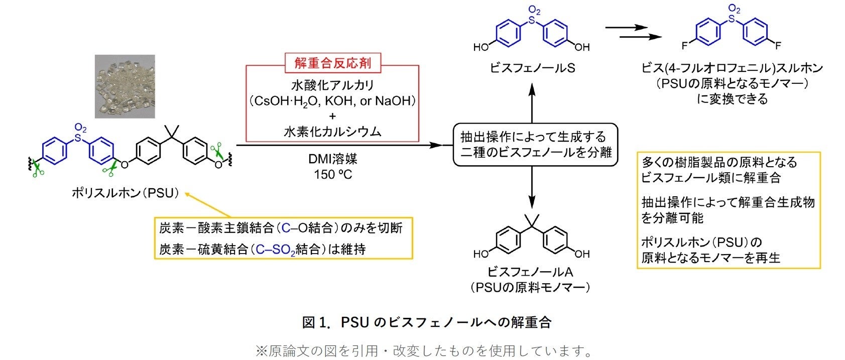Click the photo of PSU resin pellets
point(125,87)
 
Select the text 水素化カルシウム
point(332,132)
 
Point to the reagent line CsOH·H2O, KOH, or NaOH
point(332,100)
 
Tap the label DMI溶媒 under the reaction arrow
point(333,159)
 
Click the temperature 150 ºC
point(333,174)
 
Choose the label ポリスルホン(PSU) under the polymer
point(126,193)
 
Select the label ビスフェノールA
point(530,272)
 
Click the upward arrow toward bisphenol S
point(533,100)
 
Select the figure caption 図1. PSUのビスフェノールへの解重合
point(426,322)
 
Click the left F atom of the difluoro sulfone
point(684,46)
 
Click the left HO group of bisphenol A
point(481,254)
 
